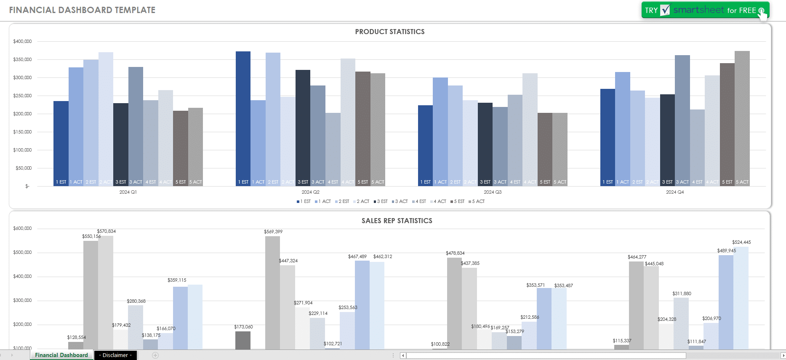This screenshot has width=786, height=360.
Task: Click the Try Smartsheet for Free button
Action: point(705,10)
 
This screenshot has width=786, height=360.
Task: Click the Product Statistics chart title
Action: point(389,32)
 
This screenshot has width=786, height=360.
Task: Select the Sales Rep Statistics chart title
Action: point(397,221)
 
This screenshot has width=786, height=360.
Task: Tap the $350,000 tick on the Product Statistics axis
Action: point(22,59)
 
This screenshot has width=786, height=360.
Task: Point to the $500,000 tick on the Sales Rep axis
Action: point(22,252)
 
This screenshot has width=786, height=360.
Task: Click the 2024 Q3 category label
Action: point(492,192)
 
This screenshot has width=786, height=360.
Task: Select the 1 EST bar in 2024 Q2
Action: point(243,118)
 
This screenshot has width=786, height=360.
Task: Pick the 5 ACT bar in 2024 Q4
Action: point(742,118)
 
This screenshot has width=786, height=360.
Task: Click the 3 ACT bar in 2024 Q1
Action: point(136,126)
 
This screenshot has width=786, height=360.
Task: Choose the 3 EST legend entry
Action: point(381,201)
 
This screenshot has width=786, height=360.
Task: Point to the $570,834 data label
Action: point(106,231)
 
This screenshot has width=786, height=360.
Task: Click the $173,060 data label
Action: point(243,327)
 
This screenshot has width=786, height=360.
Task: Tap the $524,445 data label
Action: point(741,242)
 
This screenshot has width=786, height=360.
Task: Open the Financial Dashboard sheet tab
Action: point(61,355)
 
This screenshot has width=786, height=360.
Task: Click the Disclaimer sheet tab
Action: point(115,355)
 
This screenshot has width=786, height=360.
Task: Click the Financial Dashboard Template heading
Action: point(82,10)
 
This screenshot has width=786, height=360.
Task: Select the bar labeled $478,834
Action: point(454,303)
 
